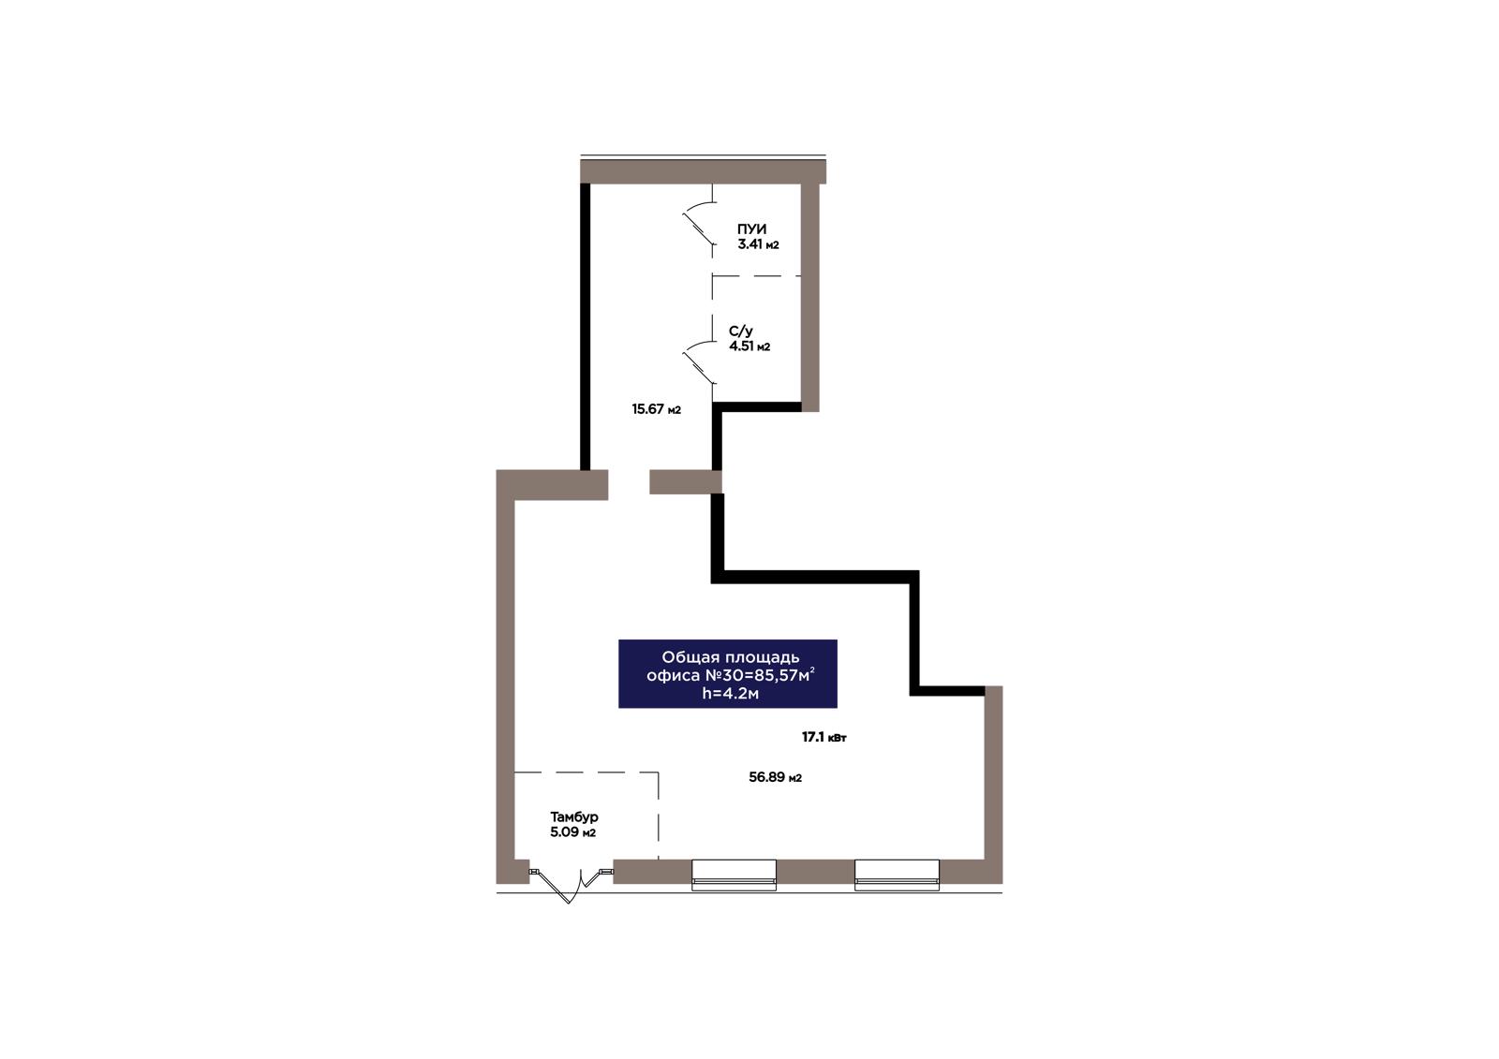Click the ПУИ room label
(x=751, y=229)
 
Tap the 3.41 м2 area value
(x=758, y=244)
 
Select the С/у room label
(x=741, y=331)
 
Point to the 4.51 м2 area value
(x=749, y=346)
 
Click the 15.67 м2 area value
(x=657, y=409)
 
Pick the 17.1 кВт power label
(x=824, y=737)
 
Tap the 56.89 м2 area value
(x=775, y=777)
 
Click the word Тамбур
(x=574, y=816)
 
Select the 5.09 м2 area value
(x=572, y=833)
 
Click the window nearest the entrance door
(x=734, y=875)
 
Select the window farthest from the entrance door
(x=897, y=875)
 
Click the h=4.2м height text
(x=730, y=693)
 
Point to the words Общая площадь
(x=730, y=657)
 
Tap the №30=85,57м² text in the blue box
(x=760, y=675)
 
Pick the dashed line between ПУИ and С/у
(x=757, y=275)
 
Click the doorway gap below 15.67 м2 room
(x=629, y=482)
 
